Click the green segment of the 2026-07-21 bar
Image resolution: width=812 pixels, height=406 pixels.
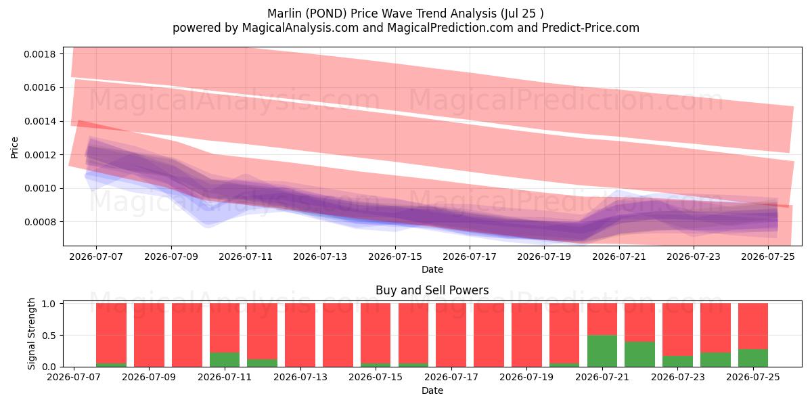tap(602, 351)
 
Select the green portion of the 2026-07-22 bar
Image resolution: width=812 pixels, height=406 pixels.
tap(640, 354)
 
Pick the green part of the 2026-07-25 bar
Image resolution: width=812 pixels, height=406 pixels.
tap(753, 358)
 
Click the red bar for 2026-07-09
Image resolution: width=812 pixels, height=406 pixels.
tap(149, 335)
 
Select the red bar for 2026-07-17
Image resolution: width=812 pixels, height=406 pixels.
tap(451, 335)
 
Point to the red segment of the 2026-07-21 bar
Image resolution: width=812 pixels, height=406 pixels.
tap(602, 319)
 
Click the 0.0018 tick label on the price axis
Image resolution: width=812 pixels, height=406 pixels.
tap(40, 54)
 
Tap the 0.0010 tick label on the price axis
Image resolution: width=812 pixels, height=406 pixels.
tap(40, 189)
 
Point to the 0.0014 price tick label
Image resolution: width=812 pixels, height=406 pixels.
tap(40, 121)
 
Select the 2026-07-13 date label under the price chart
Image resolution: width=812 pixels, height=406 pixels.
tap(320, 256)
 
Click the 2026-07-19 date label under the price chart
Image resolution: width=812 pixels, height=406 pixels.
tap(544, 256)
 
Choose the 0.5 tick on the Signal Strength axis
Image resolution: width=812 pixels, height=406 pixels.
tap(49, 336)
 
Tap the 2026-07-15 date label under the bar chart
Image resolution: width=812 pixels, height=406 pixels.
tap(376, 378)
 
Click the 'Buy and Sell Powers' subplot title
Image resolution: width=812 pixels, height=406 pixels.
tap(432, 290)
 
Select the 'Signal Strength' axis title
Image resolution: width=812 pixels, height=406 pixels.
tap(32, 334)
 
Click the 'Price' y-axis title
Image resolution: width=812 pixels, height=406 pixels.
tap(14, 148)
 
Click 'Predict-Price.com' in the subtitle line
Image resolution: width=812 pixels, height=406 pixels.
tap(591, 28)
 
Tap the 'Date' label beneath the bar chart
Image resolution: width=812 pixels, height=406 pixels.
tap(432, 390)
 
